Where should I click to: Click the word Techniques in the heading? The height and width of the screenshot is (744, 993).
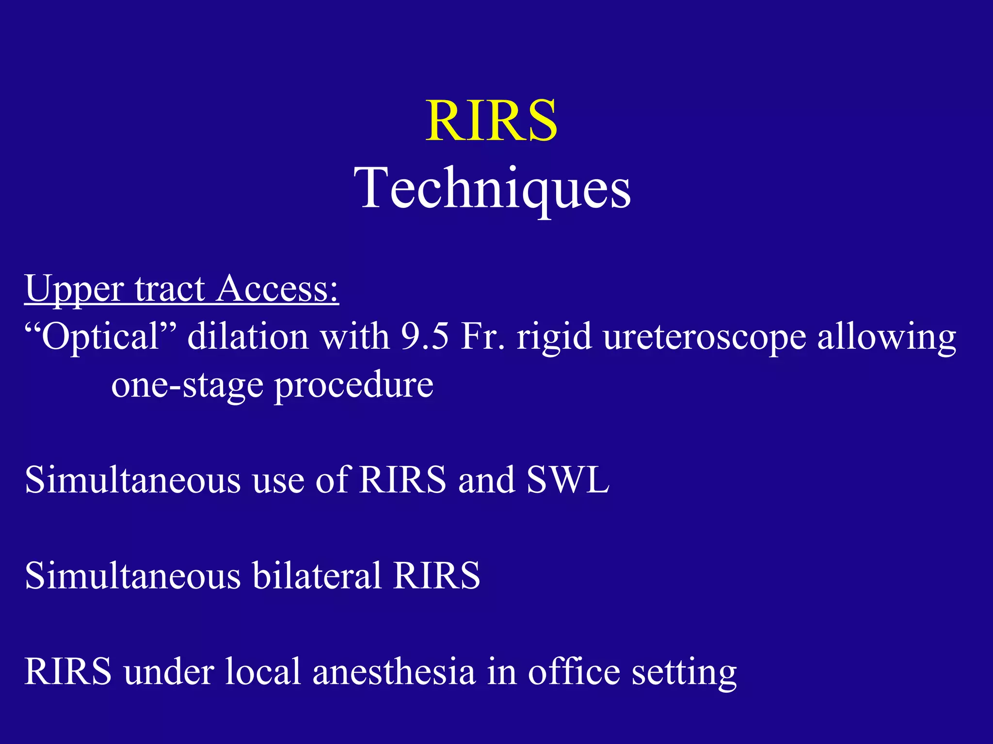click(x=492, y=189)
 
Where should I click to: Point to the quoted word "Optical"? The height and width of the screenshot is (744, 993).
click(x=100, y=336)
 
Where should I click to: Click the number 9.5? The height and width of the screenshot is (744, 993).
click(x=425, y=336)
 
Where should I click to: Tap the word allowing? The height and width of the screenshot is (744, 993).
click(x=887, y=337)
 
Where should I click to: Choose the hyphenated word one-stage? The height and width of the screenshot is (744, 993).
click(x=186, y=386)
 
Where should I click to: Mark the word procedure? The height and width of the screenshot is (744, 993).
click(x=354, y=386)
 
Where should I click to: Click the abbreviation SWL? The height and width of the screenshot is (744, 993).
click(x=568, y=480)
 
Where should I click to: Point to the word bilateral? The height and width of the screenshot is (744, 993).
click(x=317, y=575)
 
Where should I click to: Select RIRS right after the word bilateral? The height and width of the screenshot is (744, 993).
click(x=436, y=575)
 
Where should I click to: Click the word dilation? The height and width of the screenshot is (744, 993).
click(x=248, y=336)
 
